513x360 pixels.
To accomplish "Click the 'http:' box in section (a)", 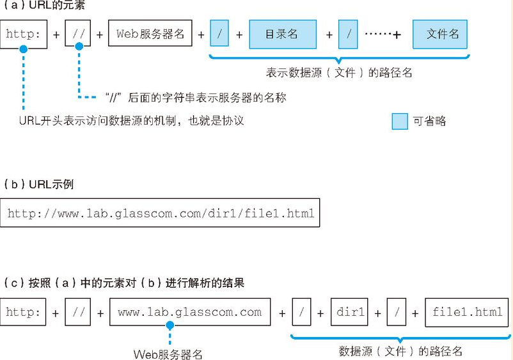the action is coord(24,35).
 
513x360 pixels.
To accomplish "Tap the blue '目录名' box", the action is coord(283,35).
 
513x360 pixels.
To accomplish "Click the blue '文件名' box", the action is coord(440,35).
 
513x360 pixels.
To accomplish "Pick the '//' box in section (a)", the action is coord(78,33).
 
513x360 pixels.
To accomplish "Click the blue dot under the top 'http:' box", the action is coord(23,49).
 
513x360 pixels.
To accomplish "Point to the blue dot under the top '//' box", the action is coord(79,47).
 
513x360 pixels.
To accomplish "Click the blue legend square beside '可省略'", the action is coord(400,121).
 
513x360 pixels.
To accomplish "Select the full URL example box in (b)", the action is coord(160,212).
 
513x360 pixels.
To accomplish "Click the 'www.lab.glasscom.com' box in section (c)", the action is coord(190,312).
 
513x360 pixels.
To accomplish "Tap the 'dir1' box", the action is coord(349,312).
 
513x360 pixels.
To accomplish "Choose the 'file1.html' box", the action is coord(467,312).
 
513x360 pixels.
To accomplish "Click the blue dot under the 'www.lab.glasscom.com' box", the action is coord(170,325).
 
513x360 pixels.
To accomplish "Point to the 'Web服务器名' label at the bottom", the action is coord(168,354).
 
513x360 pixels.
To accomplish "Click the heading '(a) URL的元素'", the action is coord(43,5).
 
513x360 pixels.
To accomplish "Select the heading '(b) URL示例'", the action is coord(38,184).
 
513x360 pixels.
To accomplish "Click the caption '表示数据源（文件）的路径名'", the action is coord(339,73).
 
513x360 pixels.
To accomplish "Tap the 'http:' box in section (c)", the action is coord(23,312).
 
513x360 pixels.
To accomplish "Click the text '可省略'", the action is coord(429,121).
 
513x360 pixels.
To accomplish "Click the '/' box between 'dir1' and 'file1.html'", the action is coord(397,312).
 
